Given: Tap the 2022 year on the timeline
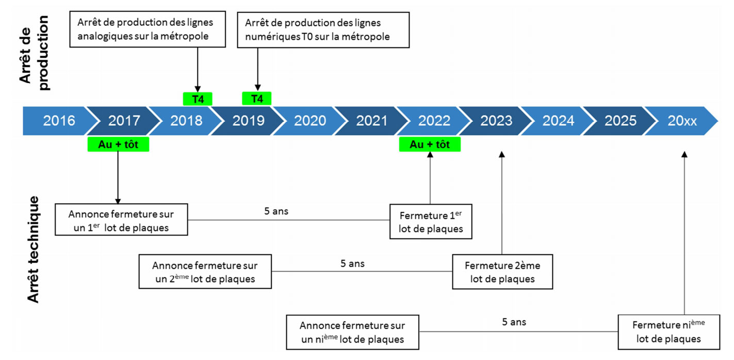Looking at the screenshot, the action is (434, 121).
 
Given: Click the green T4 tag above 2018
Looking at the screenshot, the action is (198, 99).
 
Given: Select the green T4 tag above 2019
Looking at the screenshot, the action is (256, 99).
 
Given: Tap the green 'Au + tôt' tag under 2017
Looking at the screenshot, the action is (118, 144).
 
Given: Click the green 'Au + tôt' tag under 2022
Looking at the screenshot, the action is (430, 144).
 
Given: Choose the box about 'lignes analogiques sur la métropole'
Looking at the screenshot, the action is (148, 29).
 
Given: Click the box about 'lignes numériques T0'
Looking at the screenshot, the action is (323, 30).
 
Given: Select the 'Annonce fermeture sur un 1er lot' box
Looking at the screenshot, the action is (121, 220).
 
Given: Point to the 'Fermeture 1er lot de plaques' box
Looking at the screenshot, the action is (431, 222).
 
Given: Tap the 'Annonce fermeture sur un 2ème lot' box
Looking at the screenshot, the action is (205, 272).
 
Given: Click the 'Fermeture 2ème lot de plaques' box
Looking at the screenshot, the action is (503, 272).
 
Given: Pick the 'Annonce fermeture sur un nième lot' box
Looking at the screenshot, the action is (353, 332).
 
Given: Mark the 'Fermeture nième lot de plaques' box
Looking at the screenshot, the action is (669, 332).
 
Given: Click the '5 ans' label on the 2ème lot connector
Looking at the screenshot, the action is (353, 264).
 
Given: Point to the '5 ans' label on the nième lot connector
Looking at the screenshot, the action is (514, 322).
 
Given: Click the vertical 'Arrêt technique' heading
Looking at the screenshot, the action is (33, 249).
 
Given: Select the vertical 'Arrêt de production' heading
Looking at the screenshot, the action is (34, 53).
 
